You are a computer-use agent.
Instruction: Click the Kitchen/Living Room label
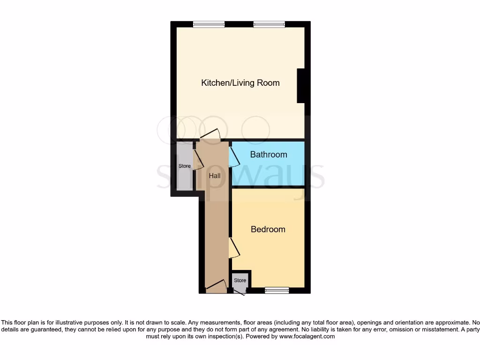click(x=240, y=83)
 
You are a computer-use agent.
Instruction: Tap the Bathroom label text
click(x=269, y=154)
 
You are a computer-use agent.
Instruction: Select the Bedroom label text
click(x=268, y=229)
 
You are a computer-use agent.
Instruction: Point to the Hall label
click(x=215, y=176)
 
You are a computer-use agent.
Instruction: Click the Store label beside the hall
click(x=185, y=166)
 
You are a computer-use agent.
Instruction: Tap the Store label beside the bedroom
click(x=240, y=280)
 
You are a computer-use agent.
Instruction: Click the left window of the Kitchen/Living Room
click(x=209, y=24)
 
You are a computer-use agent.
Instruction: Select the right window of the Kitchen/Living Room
click(x=270, y=24)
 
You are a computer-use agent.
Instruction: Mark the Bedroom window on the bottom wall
click(x=277, y=290)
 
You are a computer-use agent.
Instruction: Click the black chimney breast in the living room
click(x=302, y=85)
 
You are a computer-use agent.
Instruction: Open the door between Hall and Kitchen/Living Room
click(x=210, y=135)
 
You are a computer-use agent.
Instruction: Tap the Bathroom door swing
click(x=234, y=157)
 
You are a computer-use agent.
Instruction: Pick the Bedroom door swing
click(x=234, y=247)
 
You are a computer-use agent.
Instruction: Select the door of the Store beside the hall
click(x=198, y=159)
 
